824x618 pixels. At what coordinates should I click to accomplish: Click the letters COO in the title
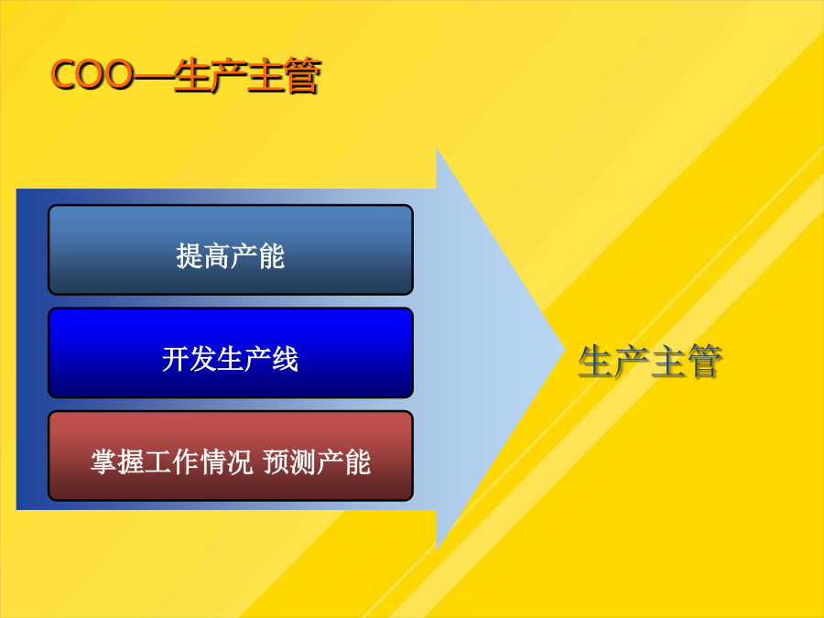pos(92,75)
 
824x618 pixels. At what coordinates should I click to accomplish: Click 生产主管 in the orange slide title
pos(247,76)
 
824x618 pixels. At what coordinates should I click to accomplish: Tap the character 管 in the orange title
pos(302,76)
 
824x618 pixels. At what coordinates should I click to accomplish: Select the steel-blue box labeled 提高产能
pos(231,250)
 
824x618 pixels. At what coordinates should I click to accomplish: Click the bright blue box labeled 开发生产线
pos(231,352)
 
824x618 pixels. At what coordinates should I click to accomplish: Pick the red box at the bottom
pos(231,456)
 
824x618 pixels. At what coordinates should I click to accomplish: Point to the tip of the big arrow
pos(564,349)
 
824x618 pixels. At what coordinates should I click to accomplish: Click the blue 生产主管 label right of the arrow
pos(650,361)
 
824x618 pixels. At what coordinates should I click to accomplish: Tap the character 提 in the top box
pos(190,256)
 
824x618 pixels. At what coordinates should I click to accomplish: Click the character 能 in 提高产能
pos(272,256)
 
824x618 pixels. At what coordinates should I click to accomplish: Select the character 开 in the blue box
pos(176,359)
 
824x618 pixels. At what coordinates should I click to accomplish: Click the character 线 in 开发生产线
pos(286,359)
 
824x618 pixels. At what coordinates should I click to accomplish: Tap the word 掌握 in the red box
pos(117,462)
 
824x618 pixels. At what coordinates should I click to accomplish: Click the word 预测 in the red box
pos(289,462)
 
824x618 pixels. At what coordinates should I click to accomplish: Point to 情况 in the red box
pos(226,462)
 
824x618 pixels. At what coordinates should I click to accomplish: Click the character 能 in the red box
pos(357,462)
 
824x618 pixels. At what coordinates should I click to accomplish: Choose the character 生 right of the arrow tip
pos(595,361)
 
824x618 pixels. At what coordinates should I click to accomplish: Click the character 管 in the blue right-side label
pos(705,361)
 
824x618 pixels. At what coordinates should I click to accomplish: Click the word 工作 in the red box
pos(172,462)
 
